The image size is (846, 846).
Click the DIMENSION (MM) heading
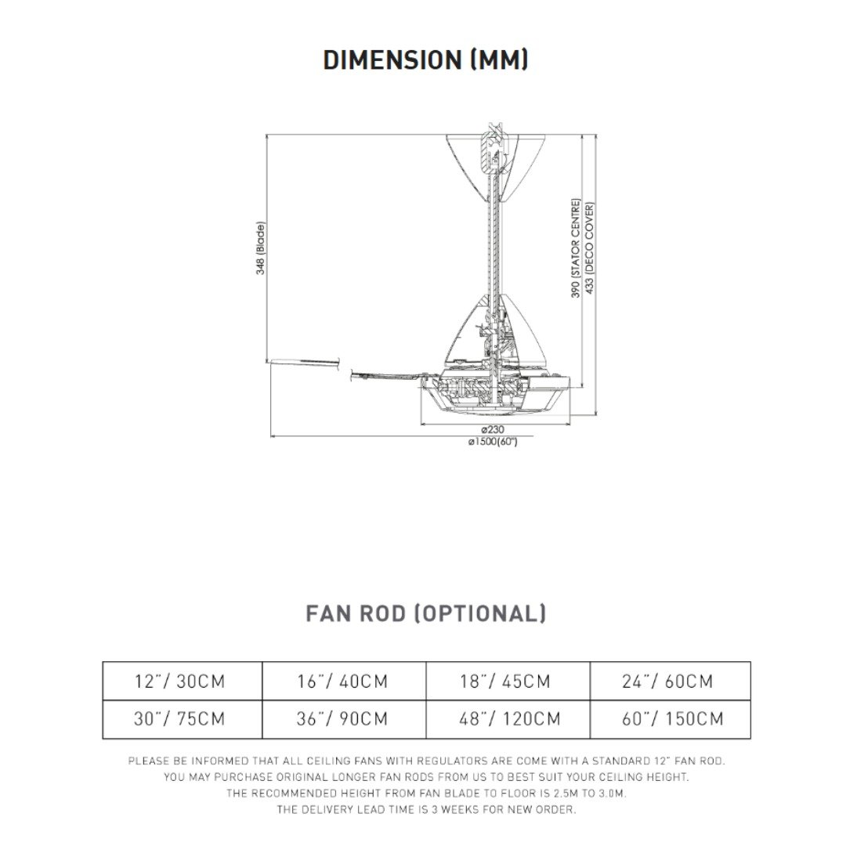tap(425, 60)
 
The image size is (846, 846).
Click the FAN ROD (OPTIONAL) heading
tap(425, 613)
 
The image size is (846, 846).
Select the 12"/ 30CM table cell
tap(180, 681)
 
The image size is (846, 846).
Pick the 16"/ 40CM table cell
tap(342, 681)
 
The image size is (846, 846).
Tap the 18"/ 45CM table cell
tap(505, 681)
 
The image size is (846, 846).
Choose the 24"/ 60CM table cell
tap(668, 681)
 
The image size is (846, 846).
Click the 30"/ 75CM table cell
tap(180, 719)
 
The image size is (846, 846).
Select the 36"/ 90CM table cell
tap(342, 719)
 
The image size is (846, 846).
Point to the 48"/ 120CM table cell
tap(510, 719)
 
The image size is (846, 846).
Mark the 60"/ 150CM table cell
tap(673, 719)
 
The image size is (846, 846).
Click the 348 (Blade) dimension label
tap(261, 248)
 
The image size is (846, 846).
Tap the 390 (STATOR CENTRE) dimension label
tap(575, 248)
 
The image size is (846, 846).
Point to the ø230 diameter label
tap(492, 430)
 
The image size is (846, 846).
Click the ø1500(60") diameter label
tap(493, 442)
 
